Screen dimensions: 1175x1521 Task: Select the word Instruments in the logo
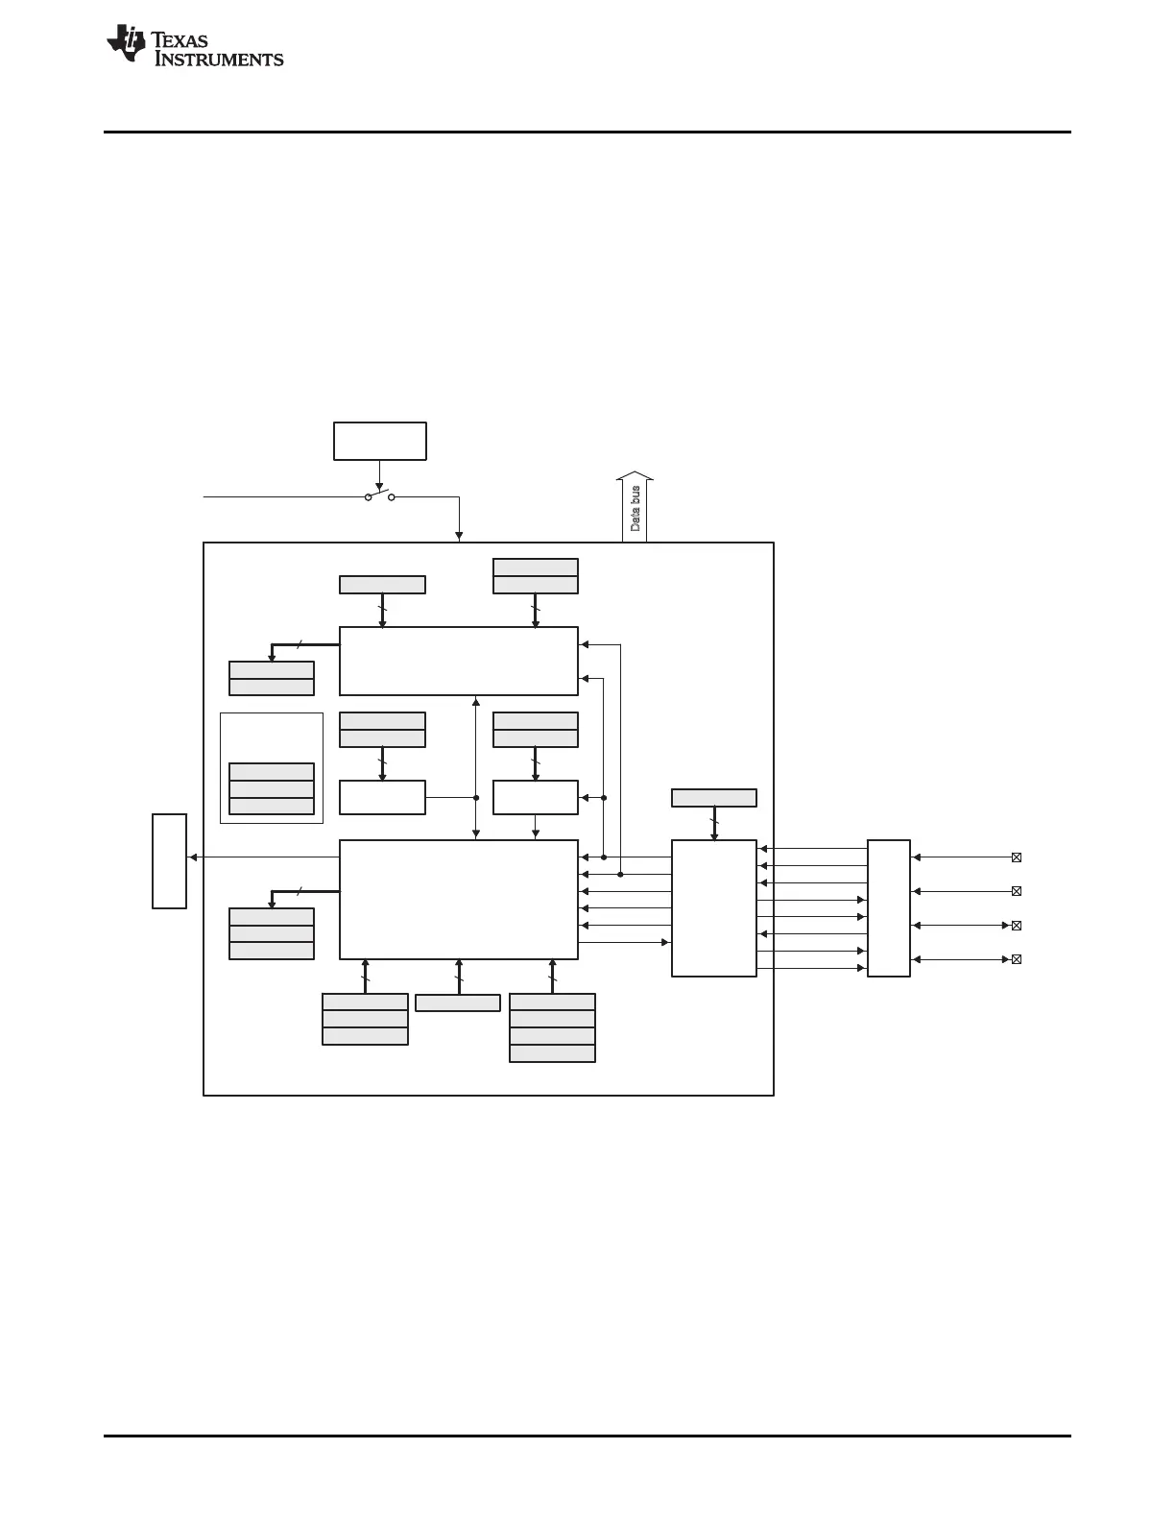tap(219, 60)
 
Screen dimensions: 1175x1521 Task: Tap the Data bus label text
tap(635, 509)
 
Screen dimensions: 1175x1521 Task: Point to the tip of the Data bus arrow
tap(635, 473)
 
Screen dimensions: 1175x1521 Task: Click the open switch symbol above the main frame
tap(380, 496)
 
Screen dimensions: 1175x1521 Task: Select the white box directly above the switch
tap(380, 441)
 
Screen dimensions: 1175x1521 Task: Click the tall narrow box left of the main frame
tap(169, 860)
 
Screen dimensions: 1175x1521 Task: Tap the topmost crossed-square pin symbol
tap(1017, 857)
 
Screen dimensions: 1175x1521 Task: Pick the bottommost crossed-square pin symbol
tap(1017, 959)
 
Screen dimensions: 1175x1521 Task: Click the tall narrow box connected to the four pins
tap(889, 908)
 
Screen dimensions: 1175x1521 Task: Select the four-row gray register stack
tap(552, 1027)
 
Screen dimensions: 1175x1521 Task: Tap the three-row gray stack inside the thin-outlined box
tap(272, 788)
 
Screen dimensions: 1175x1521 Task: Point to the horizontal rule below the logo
tap(587, 132)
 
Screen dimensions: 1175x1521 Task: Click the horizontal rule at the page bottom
tap(587, 1436)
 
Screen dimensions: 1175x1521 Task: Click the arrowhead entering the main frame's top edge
tap(459, 537)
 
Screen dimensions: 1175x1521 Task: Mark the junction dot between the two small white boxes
tap(476, 797)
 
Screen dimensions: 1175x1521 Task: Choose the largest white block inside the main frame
tap(459, 900)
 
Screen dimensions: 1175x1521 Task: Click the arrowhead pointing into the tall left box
tap(193, 857)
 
